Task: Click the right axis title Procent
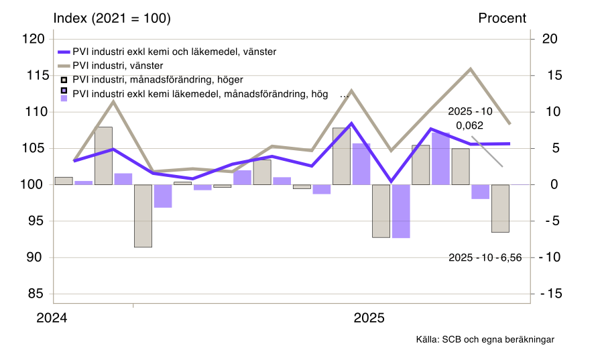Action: (x=502, y=19)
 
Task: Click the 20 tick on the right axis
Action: (x=550, y=39)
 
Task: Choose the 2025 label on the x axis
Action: (x=369, y=318)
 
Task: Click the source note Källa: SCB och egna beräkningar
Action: (x=485, y=340)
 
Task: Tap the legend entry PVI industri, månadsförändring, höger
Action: (x=158, y=80)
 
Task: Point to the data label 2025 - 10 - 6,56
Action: (x=485, y=257)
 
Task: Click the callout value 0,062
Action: (x=469, y=125)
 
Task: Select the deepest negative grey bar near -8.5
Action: (x=143, y=216)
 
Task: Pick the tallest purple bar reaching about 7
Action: (x=440, y=159)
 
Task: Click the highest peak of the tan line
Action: (x=471, y=68)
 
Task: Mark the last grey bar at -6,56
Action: (x=500, y=208)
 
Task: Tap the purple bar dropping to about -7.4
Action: (x=401, y=211)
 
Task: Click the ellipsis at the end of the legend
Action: (x=345, y=95)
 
